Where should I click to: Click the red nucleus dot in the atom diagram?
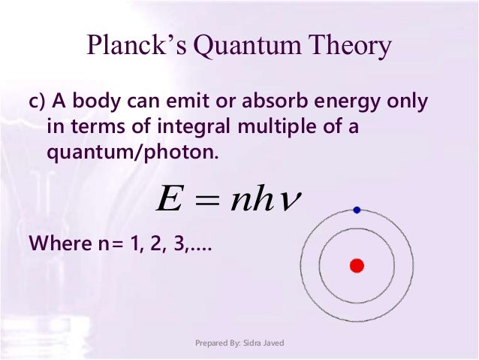tap(357, 265)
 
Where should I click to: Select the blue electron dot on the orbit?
tap(357, 210)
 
